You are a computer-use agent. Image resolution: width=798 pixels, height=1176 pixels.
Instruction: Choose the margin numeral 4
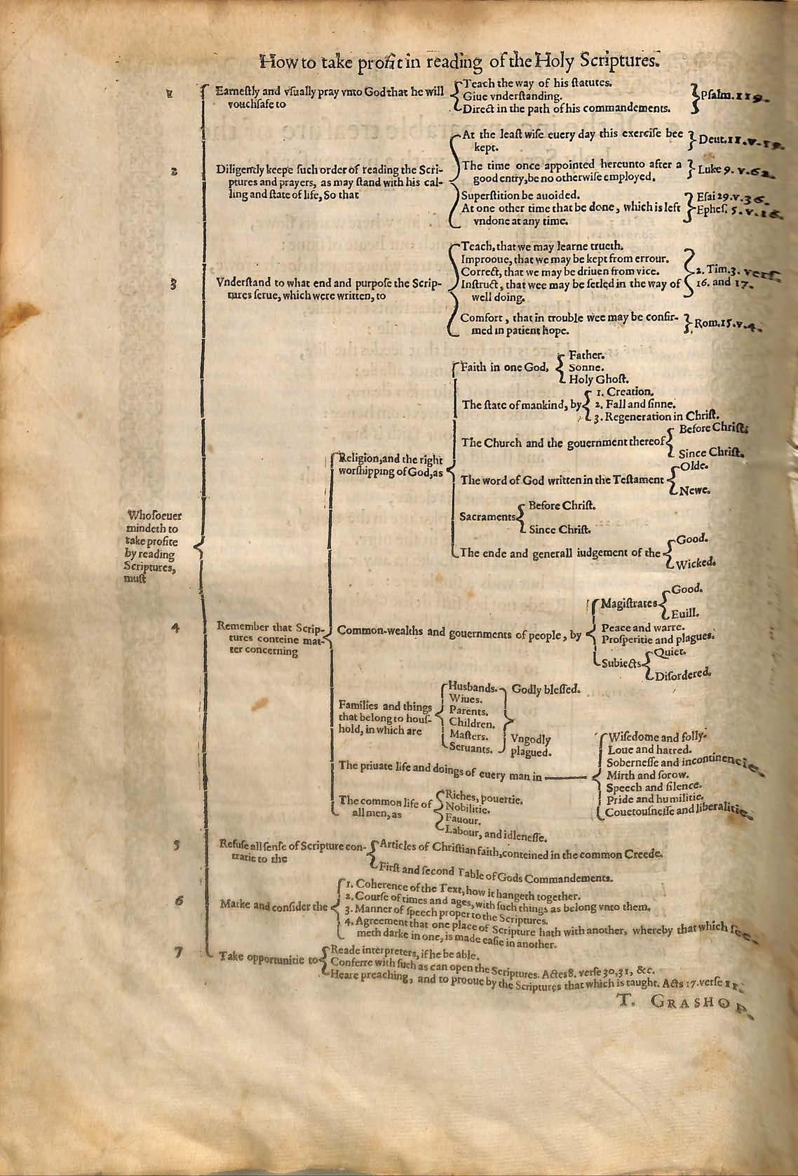[x=175, y=628]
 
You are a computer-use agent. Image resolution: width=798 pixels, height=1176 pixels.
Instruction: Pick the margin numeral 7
[x=179, y=951]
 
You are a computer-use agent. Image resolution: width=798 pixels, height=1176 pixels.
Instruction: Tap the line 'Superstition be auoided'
[x=520, y=194]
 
